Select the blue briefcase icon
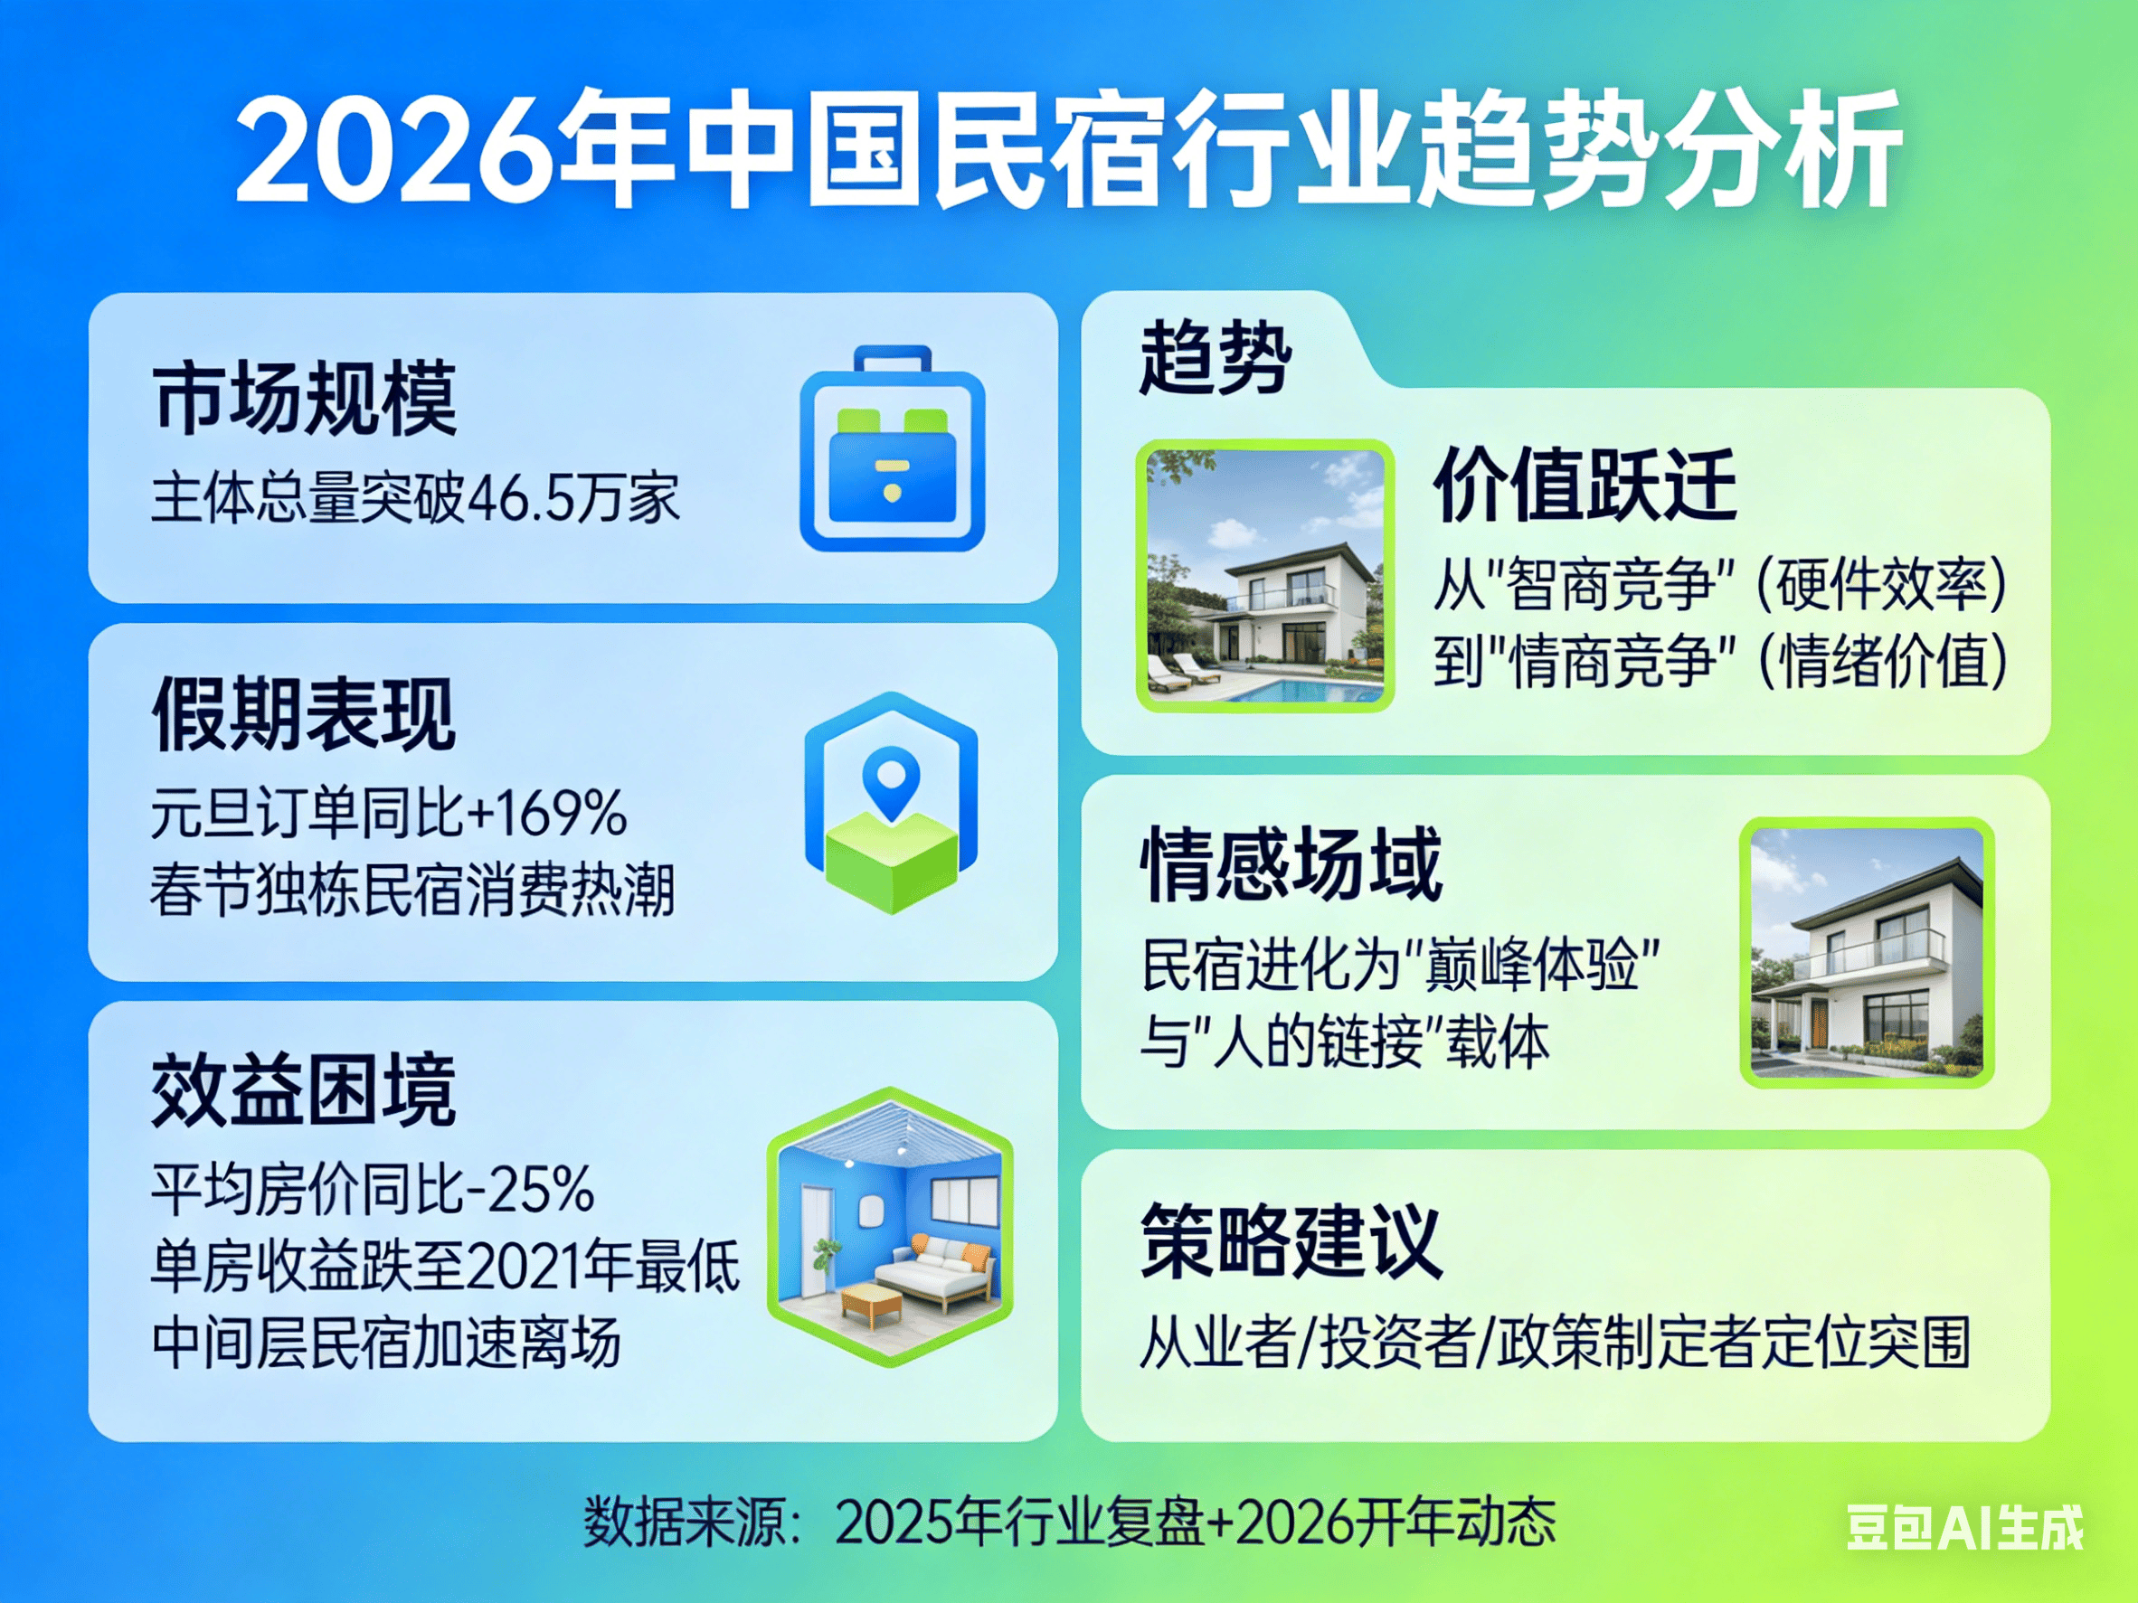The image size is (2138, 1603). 892,448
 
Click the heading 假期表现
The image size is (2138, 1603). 304,714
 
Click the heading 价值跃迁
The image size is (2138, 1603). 1585,485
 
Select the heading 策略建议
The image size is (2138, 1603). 1292,1241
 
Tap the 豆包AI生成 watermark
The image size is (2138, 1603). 1965,1528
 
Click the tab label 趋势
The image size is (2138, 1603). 1216,360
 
